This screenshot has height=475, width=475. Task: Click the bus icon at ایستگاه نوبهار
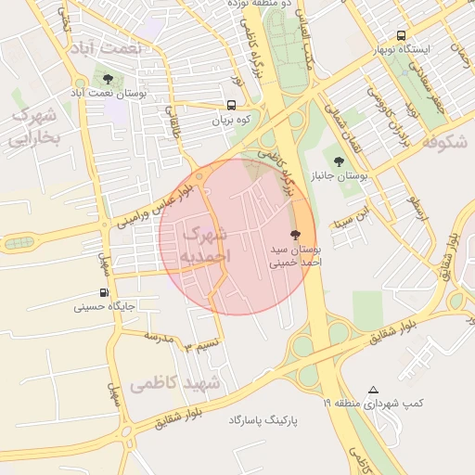tap(401, 33)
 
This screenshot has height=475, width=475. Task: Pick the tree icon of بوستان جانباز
tap(338, 161)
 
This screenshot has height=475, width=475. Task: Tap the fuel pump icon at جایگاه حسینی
tap(102, 292)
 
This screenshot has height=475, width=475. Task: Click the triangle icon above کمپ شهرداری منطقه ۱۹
tap(373, 390)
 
